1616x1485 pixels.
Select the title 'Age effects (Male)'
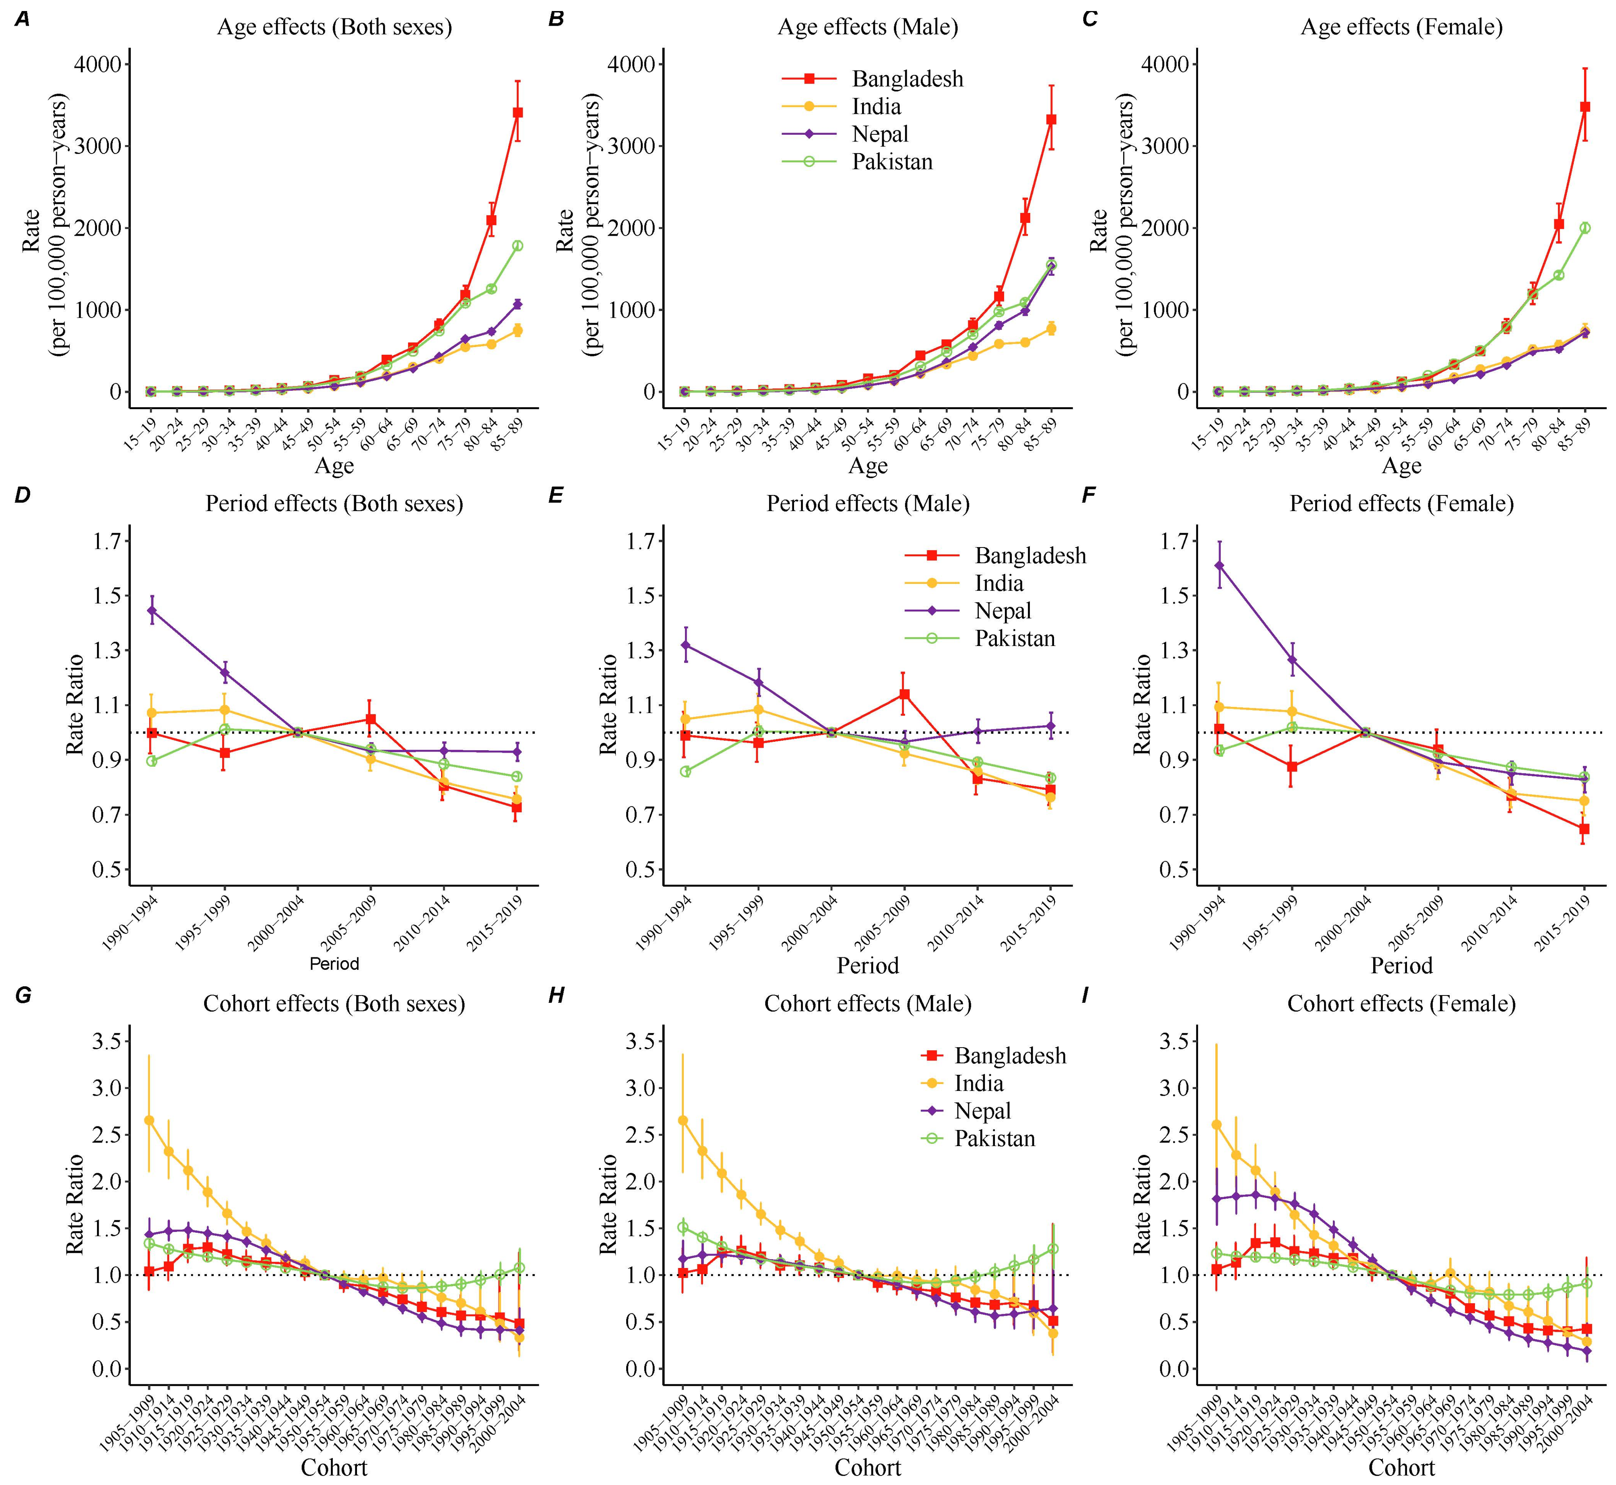868,27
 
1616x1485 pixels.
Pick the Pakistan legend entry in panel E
1014,639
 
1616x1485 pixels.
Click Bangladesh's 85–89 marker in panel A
517,112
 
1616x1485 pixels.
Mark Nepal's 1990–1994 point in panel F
1219,565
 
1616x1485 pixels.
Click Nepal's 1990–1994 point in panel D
151,610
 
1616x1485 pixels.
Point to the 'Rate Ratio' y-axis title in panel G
75,1204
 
